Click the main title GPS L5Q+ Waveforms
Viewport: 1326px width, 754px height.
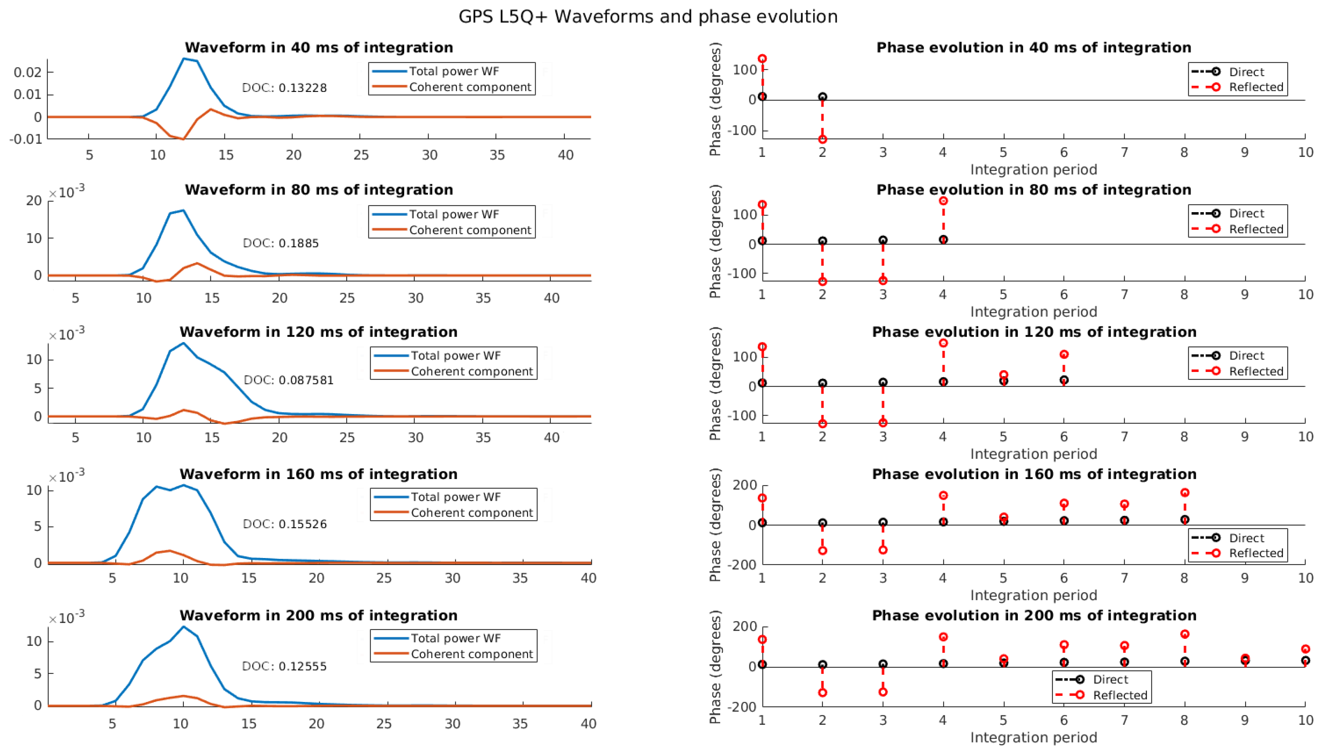[x=647, y=17]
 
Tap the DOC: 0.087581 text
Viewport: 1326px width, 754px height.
[x=289, y=380]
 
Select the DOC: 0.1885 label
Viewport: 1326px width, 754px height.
[x=281, y=243]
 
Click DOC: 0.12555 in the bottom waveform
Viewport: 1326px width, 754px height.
[x=284, y=666]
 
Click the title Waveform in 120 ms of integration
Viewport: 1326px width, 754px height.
[x=319, y=332]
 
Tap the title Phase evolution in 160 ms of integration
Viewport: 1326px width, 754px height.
[x=1034, y=474]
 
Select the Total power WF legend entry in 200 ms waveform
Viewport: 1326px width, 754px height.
[x=455, y=638]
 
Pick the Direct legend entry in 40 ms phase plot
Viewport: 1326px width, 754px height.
[x=1246, y=72]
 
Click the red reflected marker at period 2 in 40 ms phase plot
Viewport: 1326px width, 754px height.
[x=822, y=139]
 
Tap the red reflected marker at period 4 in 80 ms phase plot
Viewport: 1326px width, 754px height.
[x=943, y=201]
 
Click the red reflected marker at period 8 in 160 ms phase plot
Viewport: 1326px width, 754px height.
[x=1185, y=492]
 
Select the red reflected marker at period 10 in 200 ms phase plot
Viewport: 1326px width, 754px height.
[x=1305, y=649]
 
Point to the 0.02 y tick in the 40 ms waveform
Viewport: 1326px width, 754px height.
[x=27, y=72]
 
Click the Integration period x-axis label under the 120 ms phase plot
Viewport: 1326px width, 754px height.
[x=1033, y=454]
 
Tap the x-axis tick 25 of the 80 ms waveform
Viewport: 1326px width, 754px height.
[x=347, y=298]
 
